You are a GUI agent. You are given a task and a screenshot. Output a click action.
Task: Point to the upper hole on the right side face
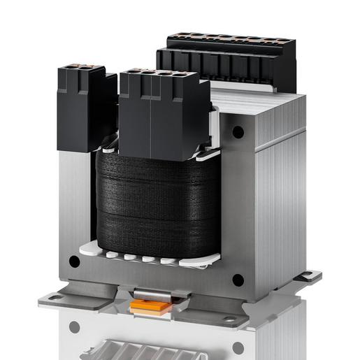pos(238,131)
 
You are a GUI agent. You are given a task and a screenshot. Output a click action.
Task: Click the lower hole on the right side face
pos(238,280)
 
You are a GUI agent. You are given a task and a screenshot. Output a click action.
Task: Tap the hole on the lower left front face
pos(74,262)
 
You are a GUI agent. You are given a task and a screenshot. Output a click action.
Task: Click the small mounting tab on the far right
pos(308,276)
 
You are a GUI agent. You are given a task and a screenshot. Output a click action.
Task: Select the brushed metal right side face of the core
pos(276,203)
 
